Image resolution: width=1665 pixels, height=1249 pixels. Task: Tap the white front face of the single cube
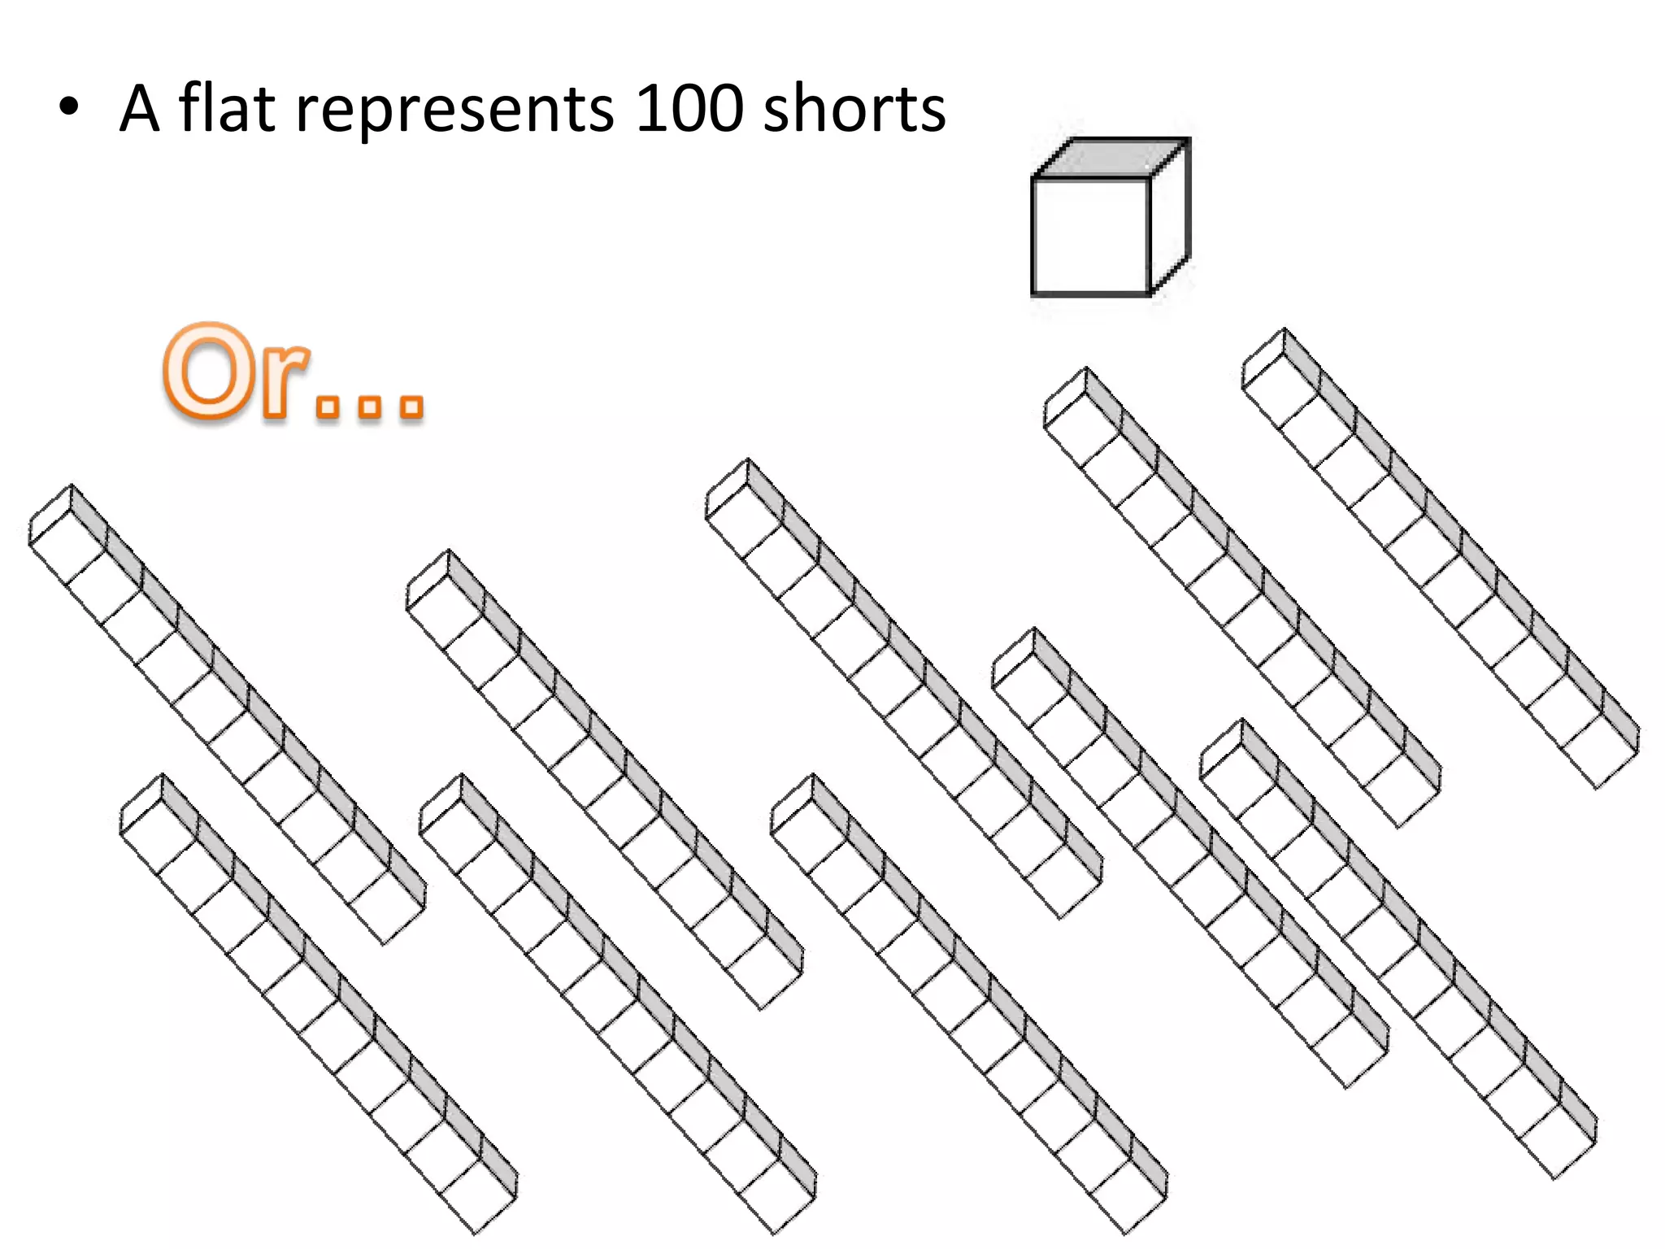coord(1090,236)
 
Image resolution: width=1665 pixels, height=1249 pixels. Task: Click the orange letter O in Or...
coord(209,372)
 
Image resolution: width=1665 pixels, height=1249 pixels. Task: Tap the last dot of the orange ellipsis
coord(412,406)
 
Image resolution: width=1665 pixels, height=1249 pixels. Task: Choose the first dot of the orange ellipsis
coord(328,406)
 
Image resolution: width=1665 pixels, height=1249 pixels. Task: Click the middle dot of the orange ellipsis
coord(370,406)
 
